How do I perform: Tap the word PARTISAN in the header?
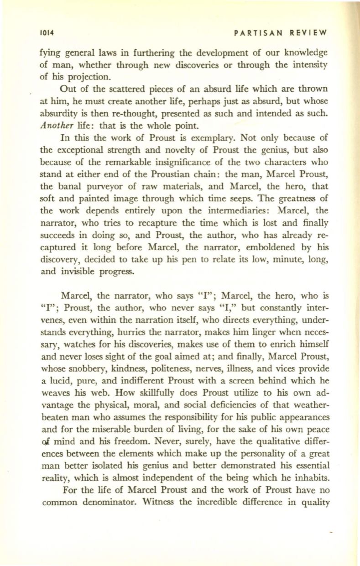pyautogui.click(x=255, y=33)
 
